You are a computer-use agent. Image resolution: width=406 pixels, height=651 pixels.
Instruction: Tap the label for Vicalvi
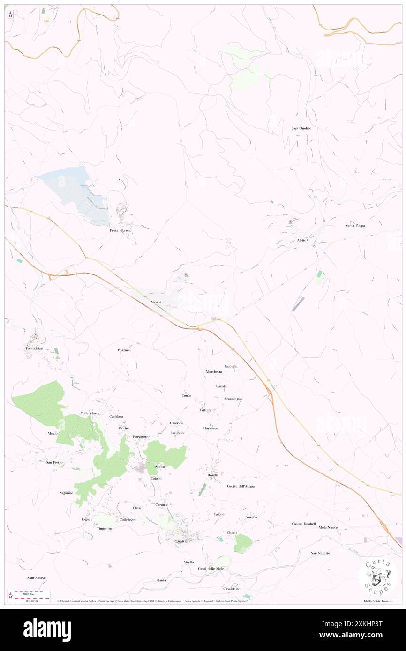click(x=156, y=303)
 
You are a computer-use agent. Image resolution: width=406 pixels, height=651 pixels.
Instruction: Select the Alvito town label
click(x=301, y=240)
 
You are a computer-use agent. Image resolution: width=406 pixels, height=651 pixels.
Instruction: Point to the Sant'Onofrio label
click(x=301, y=128)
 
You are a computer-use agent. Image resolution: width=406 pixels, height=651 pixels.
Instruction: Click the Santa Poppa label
click(x=355, y=225)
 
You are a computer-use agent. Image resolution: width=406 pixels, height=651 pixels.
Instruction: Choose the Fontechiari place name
click(x=35, y=348)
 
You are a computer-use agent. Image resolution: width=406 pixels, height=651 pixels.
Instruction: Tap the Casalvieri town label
click(x=182, y=541)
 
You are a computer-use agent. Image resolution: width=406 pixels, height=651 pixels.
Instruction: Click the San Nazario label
click(x=320, y=553)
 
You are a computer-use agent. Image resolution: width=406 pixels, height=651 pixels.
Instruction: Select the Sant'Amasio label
click(x=37, y=578)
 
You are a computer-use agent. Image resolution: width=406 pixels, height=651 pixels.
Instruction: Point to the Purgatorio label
click(x=141, y=436)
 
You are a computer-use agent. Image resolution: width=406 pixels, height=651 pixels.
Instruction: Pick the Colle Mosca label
click(x=90, y=413)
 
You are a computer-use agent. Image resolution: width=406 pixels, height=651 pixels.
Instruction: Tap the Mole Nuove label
click(x=328, y=527)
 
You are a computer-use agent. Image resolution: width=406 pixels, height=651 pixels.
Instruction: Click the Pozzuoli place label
click(x=124, y=350)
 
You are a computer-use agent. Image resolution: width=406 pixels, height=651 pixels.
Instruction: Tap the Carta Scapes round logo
click(x=378, y=577)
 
